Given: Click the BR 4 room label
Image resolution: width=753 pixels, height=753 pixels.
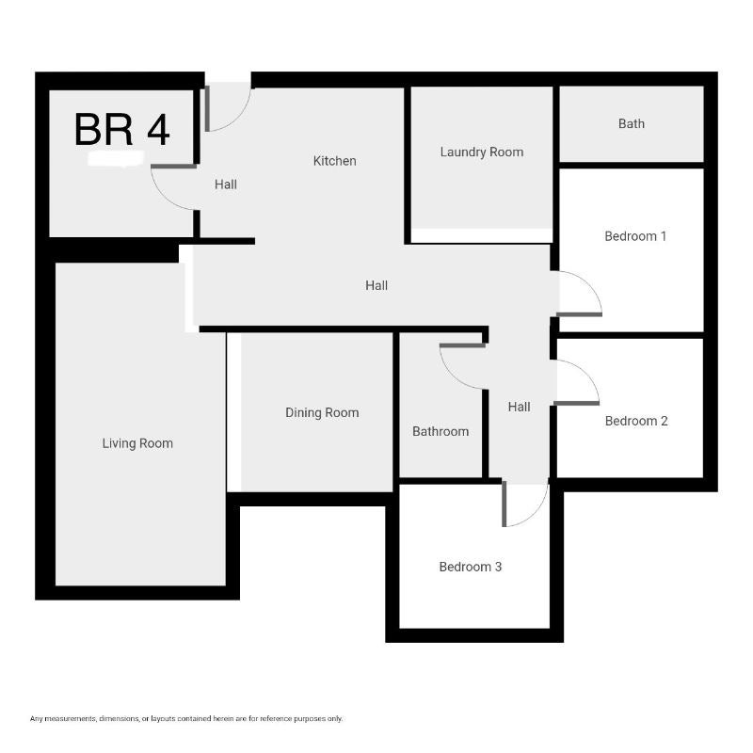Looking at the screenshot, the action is pos(122,129).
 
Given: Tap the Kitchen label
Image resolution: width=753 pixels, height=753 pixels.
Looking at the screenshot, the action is pos(335,161).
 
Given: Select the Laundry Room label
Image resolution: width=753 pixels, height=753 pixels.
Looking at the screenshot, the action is pos(482,152).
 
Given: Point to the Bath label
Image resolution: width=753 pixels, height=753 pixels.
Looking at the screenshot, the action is pos(632,124).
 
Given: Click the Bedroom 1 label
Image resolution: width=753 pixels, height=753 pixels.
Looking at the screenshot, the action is pos(635,236).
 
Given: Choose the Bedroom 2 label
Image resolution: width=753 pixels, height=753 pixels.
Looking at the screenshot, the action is pos(636,421).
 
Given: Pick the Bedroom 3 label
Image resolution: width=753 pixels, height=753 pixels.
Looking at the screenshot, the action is pos(470,568).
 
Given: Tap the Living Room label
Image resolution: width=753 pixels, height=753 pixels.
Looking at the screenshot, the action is pos(137,443).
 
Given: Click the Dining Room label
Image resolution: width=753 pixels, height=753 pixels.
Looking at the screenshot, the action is pos(322,413).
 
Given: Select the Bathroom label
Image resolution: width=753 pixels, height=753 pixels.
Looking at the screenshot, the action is pos(441,432).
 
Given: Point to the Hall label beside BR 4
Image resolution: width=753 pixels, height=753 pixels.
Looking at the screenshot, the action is pos(226,184).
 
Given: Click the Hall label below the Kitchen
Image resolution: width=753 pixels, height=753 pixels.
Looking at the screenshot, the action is pos(376,286).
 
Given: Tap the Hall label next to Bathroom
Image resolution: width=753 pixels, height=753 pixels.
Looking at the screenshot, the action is pos(520,408).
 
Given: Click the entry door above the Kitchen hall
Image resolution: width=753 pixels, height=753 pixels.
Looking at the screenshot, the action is pos(239,117).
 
